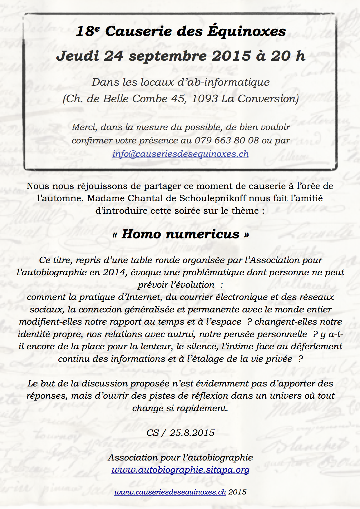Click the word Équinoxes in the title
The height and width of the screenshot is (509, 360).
click(246, 31)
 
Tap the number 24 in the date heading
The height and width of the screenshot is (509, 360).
click(114, 56)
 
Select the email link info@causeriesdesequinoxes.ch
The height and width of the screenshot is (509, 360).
click(180, 154)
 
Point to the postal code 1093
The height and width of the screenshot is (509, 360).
click(205, 99)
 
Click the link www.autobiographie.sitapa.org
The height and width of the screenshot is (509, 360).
click(180, 470)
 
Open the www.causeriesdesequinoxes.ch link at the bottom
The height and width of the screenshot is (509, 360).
click(170, 492)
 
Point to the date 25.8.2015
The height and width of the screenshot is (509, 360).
click(192, 433)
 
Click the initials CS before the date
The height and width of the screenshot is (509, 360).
click(153, 433)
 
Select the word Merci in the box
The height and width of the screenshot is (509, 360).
click(84, 127)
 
